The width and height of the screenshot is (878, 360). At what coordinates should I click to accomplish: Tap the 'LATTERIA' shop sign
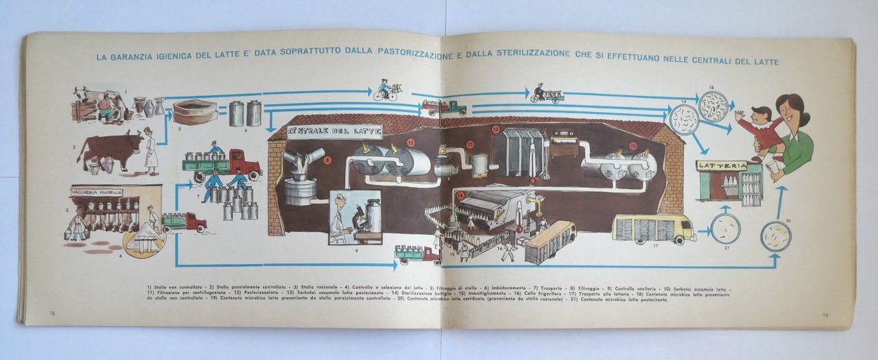pyautogui.click(x=721, y=166)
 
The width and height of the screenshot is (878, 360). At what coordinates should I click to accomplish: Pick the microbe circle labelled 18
pyautogui.click(x=713, y=106)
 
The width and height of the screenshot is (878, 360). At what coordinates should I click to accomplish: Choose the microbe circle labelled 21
pyautogui.click(x=725, y=228)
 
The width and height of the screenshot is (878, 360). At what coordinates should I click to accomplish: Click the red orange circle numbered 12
pyautogui.click(x=495, y=129)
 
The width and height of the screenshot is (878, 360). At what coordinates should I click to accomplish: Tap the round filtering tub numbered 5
pyautogui.click(x=195, y=112)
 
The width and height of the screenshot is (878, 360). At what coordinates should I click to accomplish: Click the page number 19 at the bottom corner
pyautogui.click(x=827, y=315)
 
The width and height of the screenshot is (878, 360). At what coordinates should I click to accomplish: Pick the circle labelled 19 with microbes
pyautogui.click(x=684, y=119)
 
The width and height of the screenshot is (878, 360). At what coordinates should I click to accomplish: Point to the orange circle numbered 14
pyautogui.click(x=460, y=195)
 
